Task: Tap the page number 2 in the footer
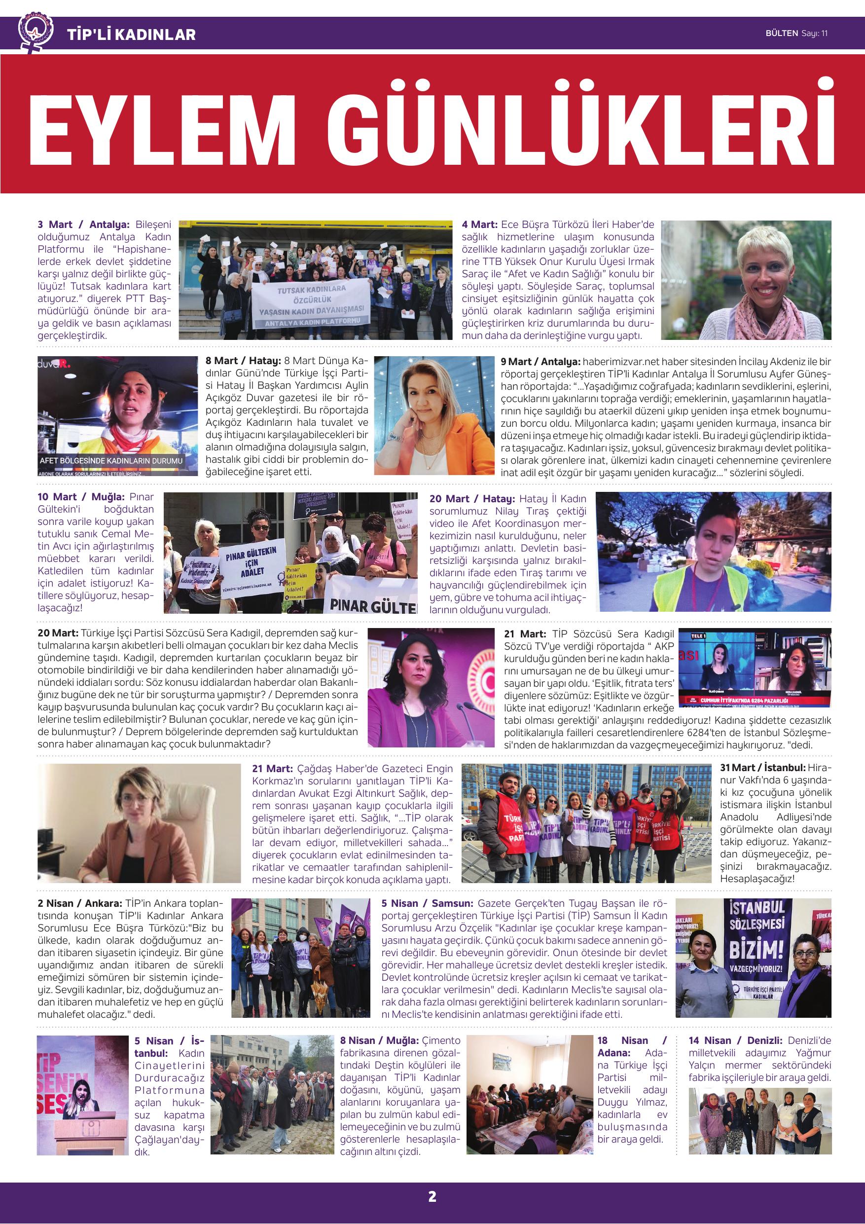(x=432, y=1197)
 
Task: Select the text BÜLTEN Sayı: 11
(x=796, y=34)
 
